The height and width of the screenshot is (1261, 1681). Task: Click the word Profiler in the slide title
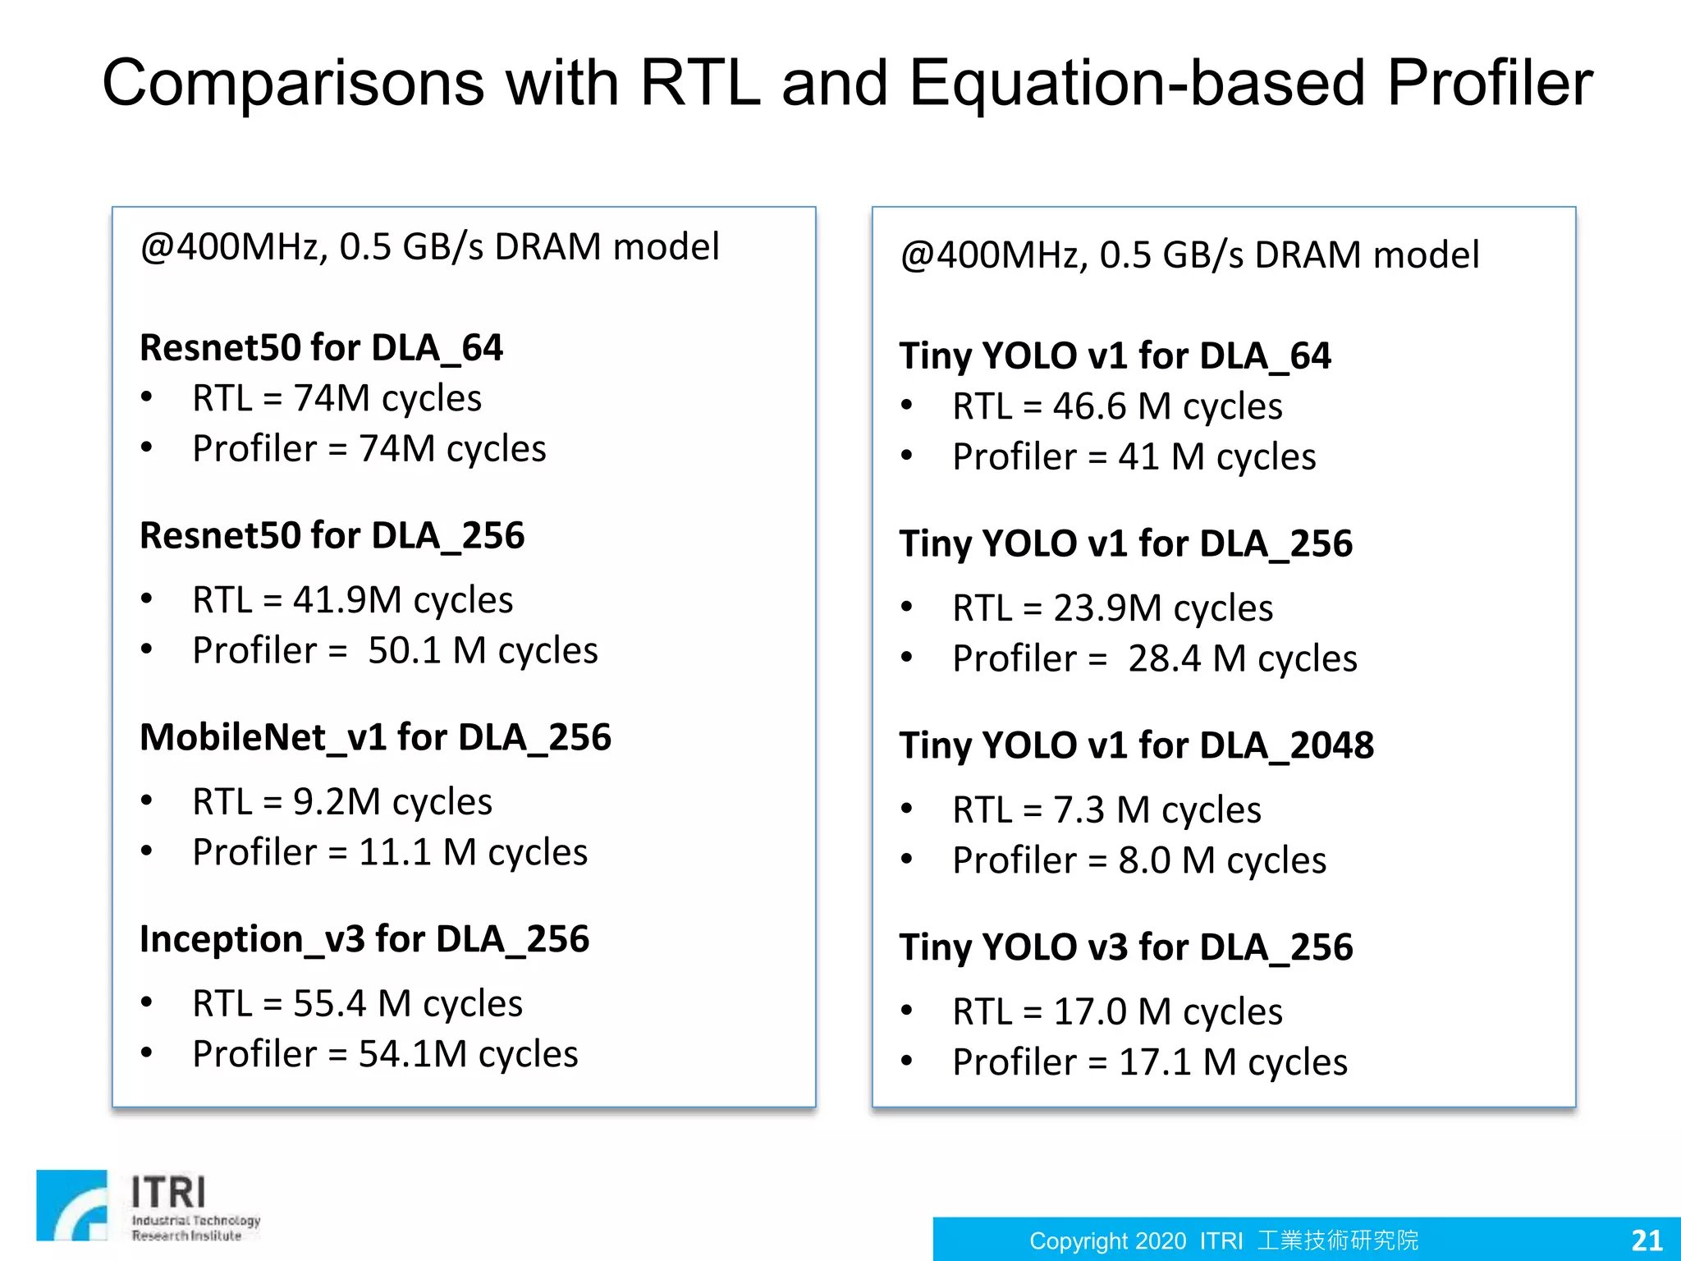click(1489, 84)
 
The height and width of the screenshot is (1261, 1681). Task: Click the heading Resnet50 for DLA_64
click(321, 348)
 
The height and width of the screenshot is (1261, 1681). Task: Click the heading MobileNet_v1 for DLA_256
click(375, 737)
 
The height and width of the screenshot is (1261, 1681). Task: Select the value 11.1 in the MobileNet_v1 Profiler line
click(395, 853)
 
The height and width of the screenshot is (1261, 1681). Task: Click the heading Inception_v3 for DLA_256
click(364, 939)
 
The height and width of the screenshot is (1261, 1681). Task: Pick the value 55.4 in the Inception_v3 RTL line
click(329, 1004)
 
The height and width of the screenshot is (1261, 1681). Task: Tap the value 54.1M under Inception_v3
click(413, 1055)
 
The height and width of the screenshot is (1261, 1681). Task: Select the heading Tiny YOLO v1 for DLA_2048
click(1136, 745)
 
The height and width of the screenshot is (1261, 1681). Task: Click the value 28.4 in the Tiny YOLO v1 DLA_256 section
click(1165, 659)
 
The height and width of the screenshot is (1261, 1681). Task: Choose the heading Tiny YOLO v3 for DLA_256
click(1125, 947)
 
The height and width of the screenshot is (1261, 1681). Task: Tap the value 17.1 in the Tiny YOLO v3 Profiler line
click(1154, 1063)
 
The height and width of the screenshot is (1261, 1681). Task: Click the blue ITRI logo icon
click(72, 1205)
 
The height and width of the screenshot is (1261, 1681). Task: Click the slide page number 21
click(1647, 1240)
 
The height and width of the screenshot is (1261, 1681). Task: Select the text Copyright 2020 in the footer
click(1107, 1240)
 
